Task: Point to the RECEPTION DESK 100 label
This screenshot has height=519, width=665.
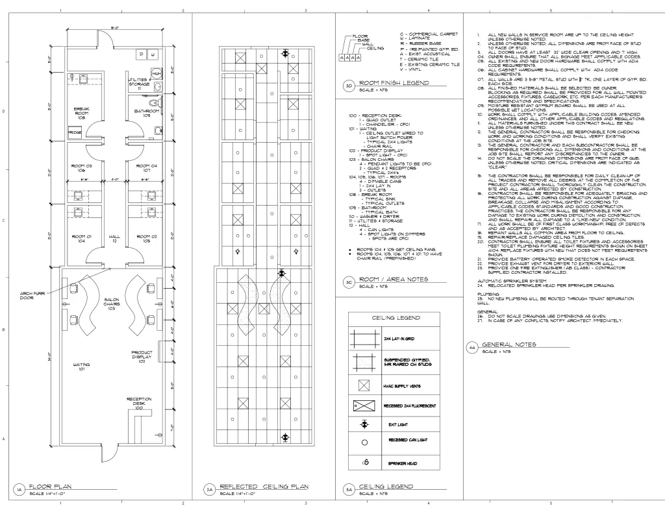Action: [x=139, y=403]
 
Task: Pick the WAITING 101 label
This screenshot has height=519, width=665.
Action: [x=81, y=367]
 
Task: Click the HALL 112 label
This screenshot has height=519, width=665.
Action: [x=114, y=239]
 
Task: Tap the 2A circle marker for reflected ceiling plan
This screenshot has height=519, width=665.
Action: [x=209, y=490]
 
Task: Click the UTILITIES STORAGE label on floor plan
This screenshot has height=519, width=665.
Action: [x=139, y=82]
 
